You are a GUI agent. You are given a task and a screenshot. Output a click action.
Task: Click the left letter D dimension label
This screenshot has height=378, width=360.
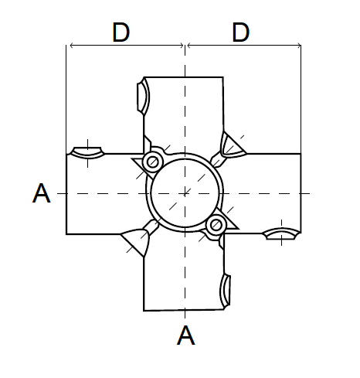coord(121,32)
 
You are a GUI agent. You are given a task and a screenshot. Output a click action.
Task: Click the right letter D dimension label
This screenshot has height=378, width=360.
coord(241,32)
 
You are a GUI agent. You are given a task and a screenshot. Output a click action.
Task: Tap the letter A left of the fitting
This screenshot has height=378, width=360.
coord(42,193)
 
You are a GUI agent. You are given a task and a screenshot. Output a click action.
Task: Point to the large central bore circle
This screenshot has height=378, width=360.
coord(185,192)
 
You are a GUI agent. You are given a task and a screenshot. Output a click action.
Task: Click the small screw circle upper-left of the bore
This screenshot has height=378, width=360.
coord(153,162)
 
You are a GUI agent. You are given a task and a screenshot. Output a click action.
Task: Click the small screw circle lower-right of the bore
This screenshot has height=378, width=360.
coord(216,224)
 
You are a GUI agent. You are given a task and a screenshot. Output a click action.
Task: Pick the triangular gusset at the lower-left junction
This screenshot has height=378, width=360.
coord(137,240)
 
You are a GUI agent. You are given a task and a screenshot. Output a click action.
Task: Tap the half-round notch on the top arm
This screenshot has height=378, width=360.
coord(141,95)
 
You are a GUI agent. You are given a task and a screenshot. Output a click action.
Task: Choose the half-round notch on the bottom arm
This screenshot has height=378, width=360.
coord(226,290)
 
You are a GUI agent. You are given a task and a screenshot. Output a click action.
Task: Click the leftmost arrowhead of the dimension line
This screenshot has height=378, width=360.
coord(70,46)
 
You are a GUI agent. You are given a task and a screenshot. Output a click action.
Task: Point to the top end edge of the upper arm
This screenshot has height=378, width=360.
coord(184,77)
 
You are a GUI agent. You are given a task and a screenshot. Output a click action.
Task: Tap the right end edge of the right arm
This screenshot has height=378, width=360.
coord(301,192)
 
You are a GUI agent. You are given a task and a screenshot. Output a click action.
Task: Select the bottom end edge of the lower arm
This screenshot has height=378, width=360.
coord(184,310)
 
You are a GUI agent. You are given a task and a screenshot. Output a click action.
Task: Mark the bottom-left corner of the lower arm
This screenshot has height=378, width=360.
coord(144,310)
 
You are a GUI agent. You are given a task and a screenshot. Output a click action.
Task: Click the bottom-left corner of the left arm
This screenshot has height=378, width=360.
coord(66,233)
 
